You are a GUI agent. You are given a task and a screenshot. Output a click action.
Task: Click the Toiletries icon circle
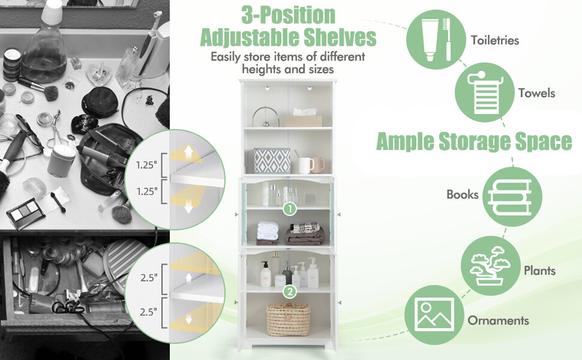point(436,40)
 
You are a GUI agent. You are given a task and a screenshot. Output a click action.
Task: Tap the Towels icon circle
point(483,93)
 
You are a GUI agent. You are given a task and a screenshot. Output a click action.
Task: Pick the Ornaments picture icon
point(434,318)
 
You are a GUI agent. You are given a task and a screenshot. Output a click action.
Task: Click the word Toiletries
point(495,41)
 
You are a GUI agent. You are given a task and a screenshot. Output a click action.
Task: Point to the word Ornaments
point(499,320)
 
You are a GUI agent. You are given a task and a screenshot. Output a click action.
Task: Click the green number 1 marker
point(289,209)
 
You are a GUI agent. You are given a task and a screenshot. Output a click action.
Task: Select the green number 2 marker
point(289,292)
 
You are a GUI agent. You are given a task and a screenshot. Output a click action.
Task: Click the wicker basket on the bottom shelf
point(289,319)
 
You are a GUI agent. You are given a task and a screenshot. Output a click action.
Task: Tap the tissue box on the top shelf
point(303,119)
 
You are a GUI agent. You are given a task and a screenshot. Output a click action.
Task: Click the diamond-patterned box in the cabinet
point(272,161)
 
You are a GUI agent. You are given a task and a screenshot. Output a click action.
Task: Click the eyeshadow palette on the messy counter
point(25,212)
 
